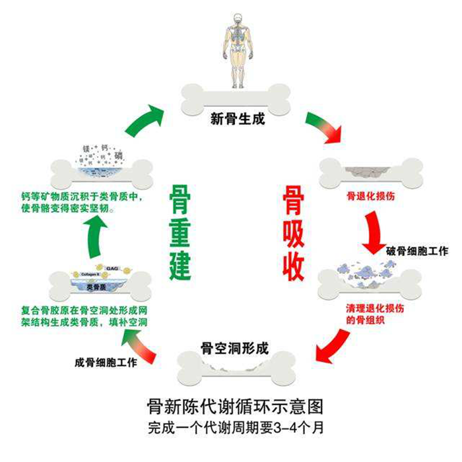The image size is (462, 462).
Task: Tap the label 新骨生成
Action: point(236,119)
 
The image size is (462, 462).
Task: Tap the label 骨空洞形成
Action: point(235,348)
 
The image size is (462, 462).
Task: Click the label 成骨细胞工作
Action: point(106,362)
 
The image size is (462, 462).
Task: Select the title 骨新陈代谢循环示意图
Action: point(236,405)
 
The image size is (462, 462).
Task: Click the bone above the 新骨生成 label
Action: point(236,98)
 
